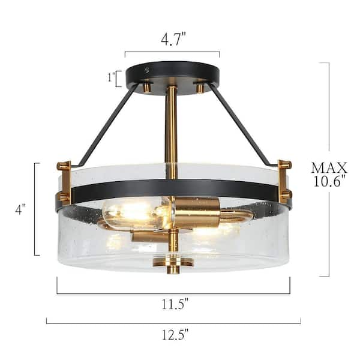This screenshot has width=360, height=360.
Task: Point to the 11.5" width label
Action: tap(173, 304)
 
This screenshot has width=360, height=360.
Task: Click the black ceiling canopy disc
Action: tap(172, 71)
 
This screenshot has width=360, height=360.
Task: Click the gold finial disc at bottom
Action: tap(172, 262)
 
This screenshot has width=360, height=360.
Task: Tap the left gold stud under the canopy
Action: tap(146, 88)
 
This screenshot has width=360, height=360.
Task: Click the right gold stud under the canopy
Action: tap(199, 88)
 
